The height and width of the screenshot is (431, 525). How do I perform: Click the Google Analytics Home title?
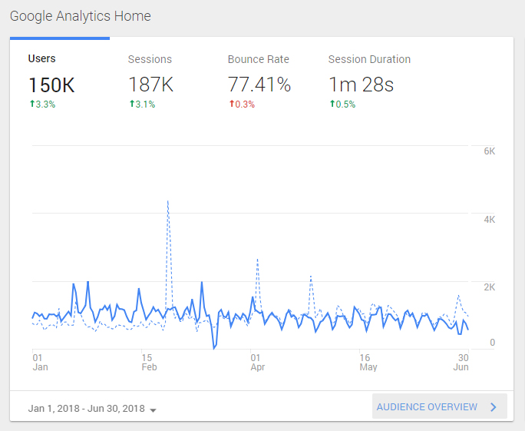pyautogui.click(x=81, y=16)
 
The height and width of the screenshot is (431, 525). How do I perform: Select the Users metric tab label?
pyautogui.click(x=42, y=58)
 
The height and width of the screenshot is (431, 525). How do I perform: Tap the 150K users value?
pyautogui.click(x=51, y=85)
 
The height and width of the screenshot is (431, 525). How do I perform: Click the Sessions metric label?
pyautogui.click(x=150, y=59)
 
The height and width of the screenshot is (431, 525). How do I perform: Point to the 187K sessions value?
pyautogui.click(x=151, y=84)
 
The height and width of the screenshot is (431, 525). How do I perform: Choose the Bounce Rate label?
pyautogui.click(x=258, y=59)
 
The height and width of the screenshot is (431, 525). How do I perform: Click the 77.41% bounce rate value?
pyautogui.click(x=259, y=84)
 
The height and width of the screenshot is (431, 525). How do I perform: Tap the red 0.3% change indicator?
pyautogui.click(x=242, y=104)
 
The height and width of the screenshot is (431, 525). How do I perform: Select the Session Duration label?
pyautogui.click(x=369, y=59)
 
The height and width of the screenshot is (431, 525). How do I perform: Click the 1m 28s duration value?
pyautogui.click(x=361, y=84)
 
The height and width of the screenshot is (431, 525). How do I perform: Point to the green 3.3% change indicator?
pyautogui.click(x=42, y=104)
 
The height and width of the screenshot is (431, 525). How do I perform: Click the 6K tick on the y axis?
pyautogui.click(x=490, y=151)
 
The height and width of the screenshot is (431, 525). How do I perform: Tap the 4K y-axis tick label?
pyautogui.click(x=490, y=220)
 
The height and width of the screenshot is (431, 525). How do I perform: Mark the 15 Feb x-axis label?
pyautogui.click(x=149, y=363)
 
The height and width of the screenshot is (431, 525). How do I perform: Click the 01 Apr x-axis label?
pyautogui.click(x=257, y=363)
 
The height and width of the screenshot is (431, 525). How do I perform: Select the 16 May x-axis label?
pyautogui.click(x=368, y=363)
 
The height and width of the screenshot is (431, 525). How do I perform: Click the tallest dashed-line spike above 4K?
pyautogui.click(x=168, y=201)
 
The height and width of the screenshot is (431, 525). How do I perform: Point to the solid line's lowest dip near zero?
pyautogui.click(x=214, y=349)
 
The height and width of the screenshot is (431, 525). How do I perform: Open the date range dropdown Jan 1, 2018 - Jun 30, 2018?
pyautogui.click(x=92, y=409)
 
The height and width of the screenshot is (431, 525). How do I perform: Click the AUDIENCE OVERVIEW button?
pyautogui.click(x=440, y=406)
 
